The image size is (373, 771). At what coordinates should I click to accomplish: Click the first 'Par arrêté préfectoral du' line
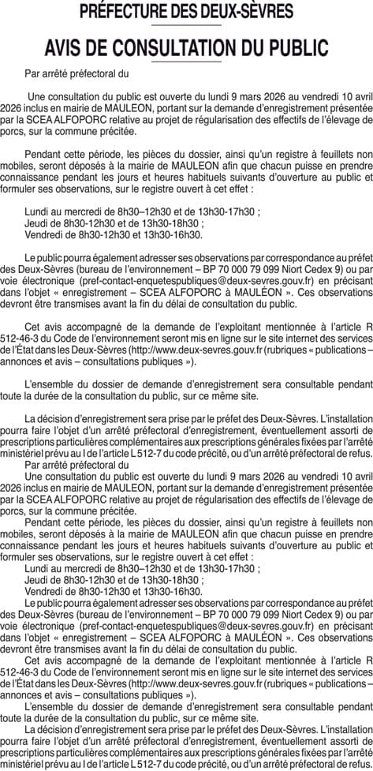click(x=76, y=74)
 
